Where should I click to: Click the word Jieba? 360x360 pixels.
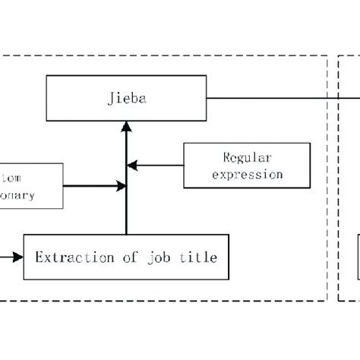125,97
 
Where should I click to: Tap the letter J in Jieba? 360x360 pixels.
112,97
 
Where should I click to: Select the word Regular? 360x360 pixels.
248,158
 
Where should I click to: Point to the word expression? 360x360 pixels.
248,174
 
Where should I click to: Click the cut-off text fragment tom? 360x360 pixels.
14,178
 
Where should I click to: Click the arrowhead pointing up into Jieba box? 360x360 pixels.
126,126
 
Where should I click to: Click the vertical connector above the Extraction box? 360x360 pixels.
126,213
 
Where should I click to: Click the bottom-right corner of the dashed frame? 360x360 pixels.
327,301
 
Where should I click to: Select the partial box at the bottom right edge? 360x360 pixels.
358,258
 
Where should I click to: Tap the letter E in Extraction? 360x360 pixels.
39,257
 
